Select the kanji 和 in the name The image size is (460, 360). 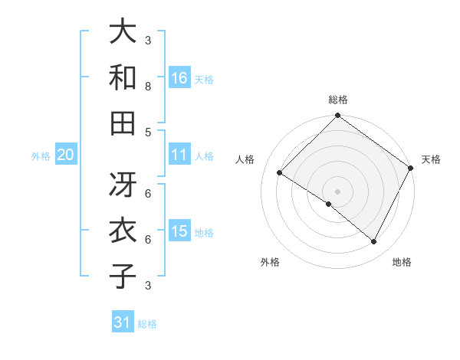123,77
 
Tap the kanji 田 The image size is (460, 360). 123,123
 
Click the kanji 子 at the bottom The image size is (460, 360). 123,276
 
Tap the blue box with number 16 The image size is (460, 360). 179,77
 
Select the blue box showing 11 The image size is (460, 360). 179,155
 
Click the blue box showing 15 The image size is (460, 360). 179,231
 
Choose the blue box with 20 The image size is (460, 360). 65,155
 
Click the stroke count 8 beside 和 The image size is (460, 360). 148,87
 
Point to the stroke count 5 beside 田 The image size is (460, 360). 148,132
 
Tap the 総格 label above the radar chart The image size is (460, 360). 337,100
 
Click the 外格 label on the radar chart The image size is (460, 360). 270,262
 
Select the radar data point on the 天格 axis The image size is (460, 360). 412,168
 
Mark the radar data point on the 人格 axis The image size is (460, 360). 280,173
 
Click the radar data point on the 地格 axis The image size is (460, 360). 374,242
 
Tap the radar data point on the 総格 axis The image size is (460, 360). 337,116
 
